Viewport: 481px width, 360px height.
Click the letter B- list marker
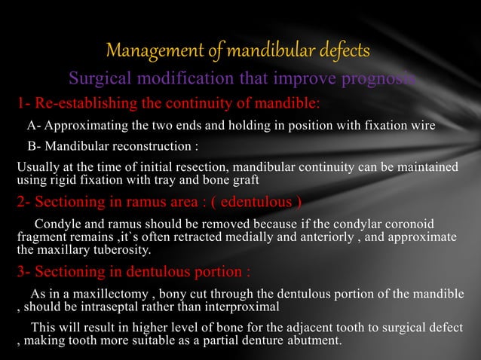(35, 145)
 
